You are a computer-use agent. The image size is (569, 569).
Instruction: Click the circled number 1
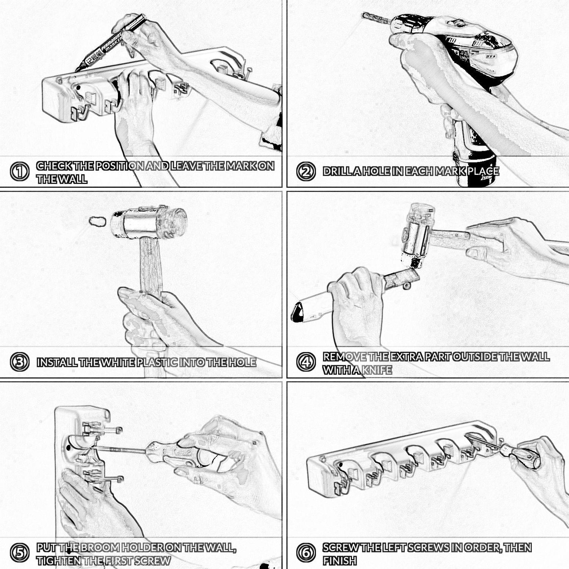19,172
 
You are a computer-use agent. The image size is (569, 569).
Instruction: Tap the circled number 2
306,171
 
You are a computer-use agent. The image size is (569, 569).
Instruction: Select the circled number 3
19,362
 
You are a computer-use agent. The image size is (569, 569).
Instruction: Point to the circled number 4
306,362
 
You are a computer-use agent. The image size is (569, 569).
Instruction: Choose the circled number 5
19,553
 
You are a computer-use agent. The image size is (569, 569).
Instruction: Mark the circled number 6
306,553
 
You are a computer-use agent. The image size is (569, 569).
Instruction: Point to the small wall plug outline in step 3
97,221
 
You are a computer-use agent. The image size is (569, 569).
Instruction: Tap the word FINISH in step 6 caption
340,561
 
